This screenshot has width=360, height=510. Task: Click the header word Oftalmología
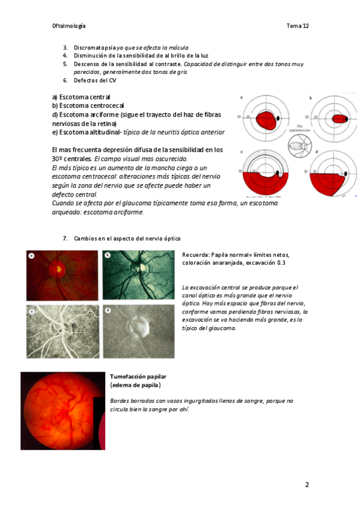click(x=69, y=26)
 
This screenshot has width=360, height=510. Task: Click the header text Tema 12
click(x=297, y=26)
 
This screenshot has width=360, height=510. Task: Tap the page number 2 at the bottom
click(x=307, y=485)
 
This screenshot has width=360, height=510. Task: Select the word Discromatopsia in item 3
click(x=95, y=48)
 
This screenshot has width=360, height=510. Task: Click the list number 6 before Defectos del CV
click(x=65, y=81)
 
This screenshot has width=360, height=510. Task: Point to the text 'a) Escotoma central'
click(x=81, y=97)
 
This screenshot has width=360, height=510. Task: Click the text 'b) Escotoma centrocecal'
click(x=88, y=106)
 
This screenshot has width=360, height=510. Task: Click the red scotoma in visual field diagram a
click(x=267, y=120)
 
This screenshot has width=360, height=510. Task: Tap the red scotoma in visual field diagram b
click(x=339, y=118)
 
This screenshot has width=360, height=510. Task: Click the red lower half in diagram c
click(x=266, y=184)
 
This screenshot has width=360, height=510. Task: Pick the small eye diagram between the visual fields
click(x=300, y=146)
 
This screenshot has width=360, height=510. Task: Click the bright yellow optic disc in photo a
click(x=59, y=269)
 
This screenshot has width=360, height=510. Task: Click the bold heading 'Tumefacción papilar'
click(x=138, y=376)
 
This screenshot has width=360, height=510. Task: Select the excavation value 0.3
click(x=281, y=263)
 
